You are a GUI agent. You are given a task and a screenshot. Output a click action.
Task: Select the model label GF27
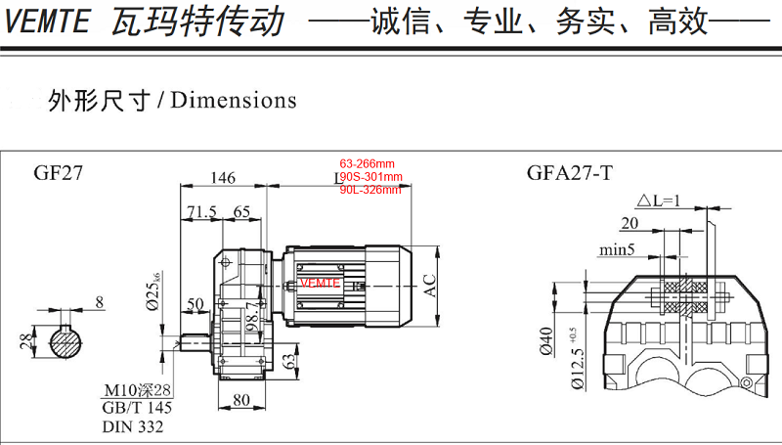pyautogui.click(x=59, y=173)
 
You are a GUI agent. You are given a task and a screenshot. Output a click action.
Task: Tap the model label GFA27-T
pyautogui.click(x=570, y=173)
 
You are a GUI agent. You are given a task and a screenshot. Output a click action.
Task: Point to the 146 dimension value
pyautogui.click(x=223, y=178)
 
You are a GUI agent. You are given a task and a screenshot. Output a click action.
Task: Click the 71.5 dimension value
pyautogui.click(x=201, y=211)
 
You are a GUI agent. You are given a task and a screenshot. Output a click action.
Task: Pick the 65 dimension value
pyautogui.click(x=242, y=211)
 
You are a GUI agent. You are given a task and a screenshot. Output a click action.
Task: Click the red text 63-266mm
pyautogui.click(x=367, y=163)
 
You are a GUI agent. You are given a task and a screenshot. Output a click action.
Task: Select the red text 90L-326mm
pyautogui.click(x=369, y=190)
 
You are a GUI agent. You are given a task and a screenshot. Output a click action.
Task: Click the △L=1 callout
pyautogui.click(x=660, y=201)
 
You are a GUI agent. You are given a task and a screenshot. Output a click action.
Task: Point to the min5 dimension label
pyautogui.click(x=619, y=250)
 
